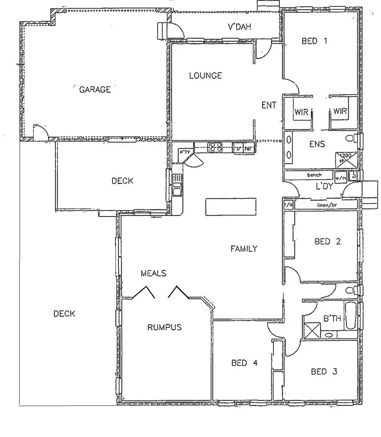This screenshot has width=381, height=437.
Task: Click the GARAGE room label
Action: [95, 90]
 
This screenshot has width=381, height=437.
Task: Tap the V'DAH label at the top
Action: [239, 27]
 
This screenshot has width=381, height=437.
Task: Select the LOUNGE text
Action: [206, 76]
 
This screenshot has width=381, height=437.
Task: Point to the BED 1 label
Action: [314, 41]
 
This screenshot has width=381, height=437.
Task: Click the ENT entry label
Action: [269, 106]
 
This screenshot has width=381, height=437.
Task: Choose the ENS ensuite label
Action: [317, 144]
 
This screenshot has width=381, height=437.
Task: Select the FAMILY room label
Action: [244, 249]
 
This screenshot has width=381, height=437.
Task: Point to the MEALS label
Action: [153, 273]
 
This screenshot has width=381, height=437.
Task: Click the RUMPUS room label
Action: [164, 327]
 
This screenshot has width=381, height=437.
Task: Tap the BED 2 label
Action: [327, 242]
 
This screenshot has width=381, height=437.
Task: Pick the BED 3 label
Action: [324, 372]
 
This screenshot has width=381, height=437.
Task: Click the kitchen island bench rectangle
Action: [231, 207]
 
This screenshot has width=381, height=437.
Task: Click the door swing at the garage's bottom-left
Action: [40, 132]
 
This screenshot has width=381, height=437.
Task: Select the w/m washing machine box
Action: [341, 178]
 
